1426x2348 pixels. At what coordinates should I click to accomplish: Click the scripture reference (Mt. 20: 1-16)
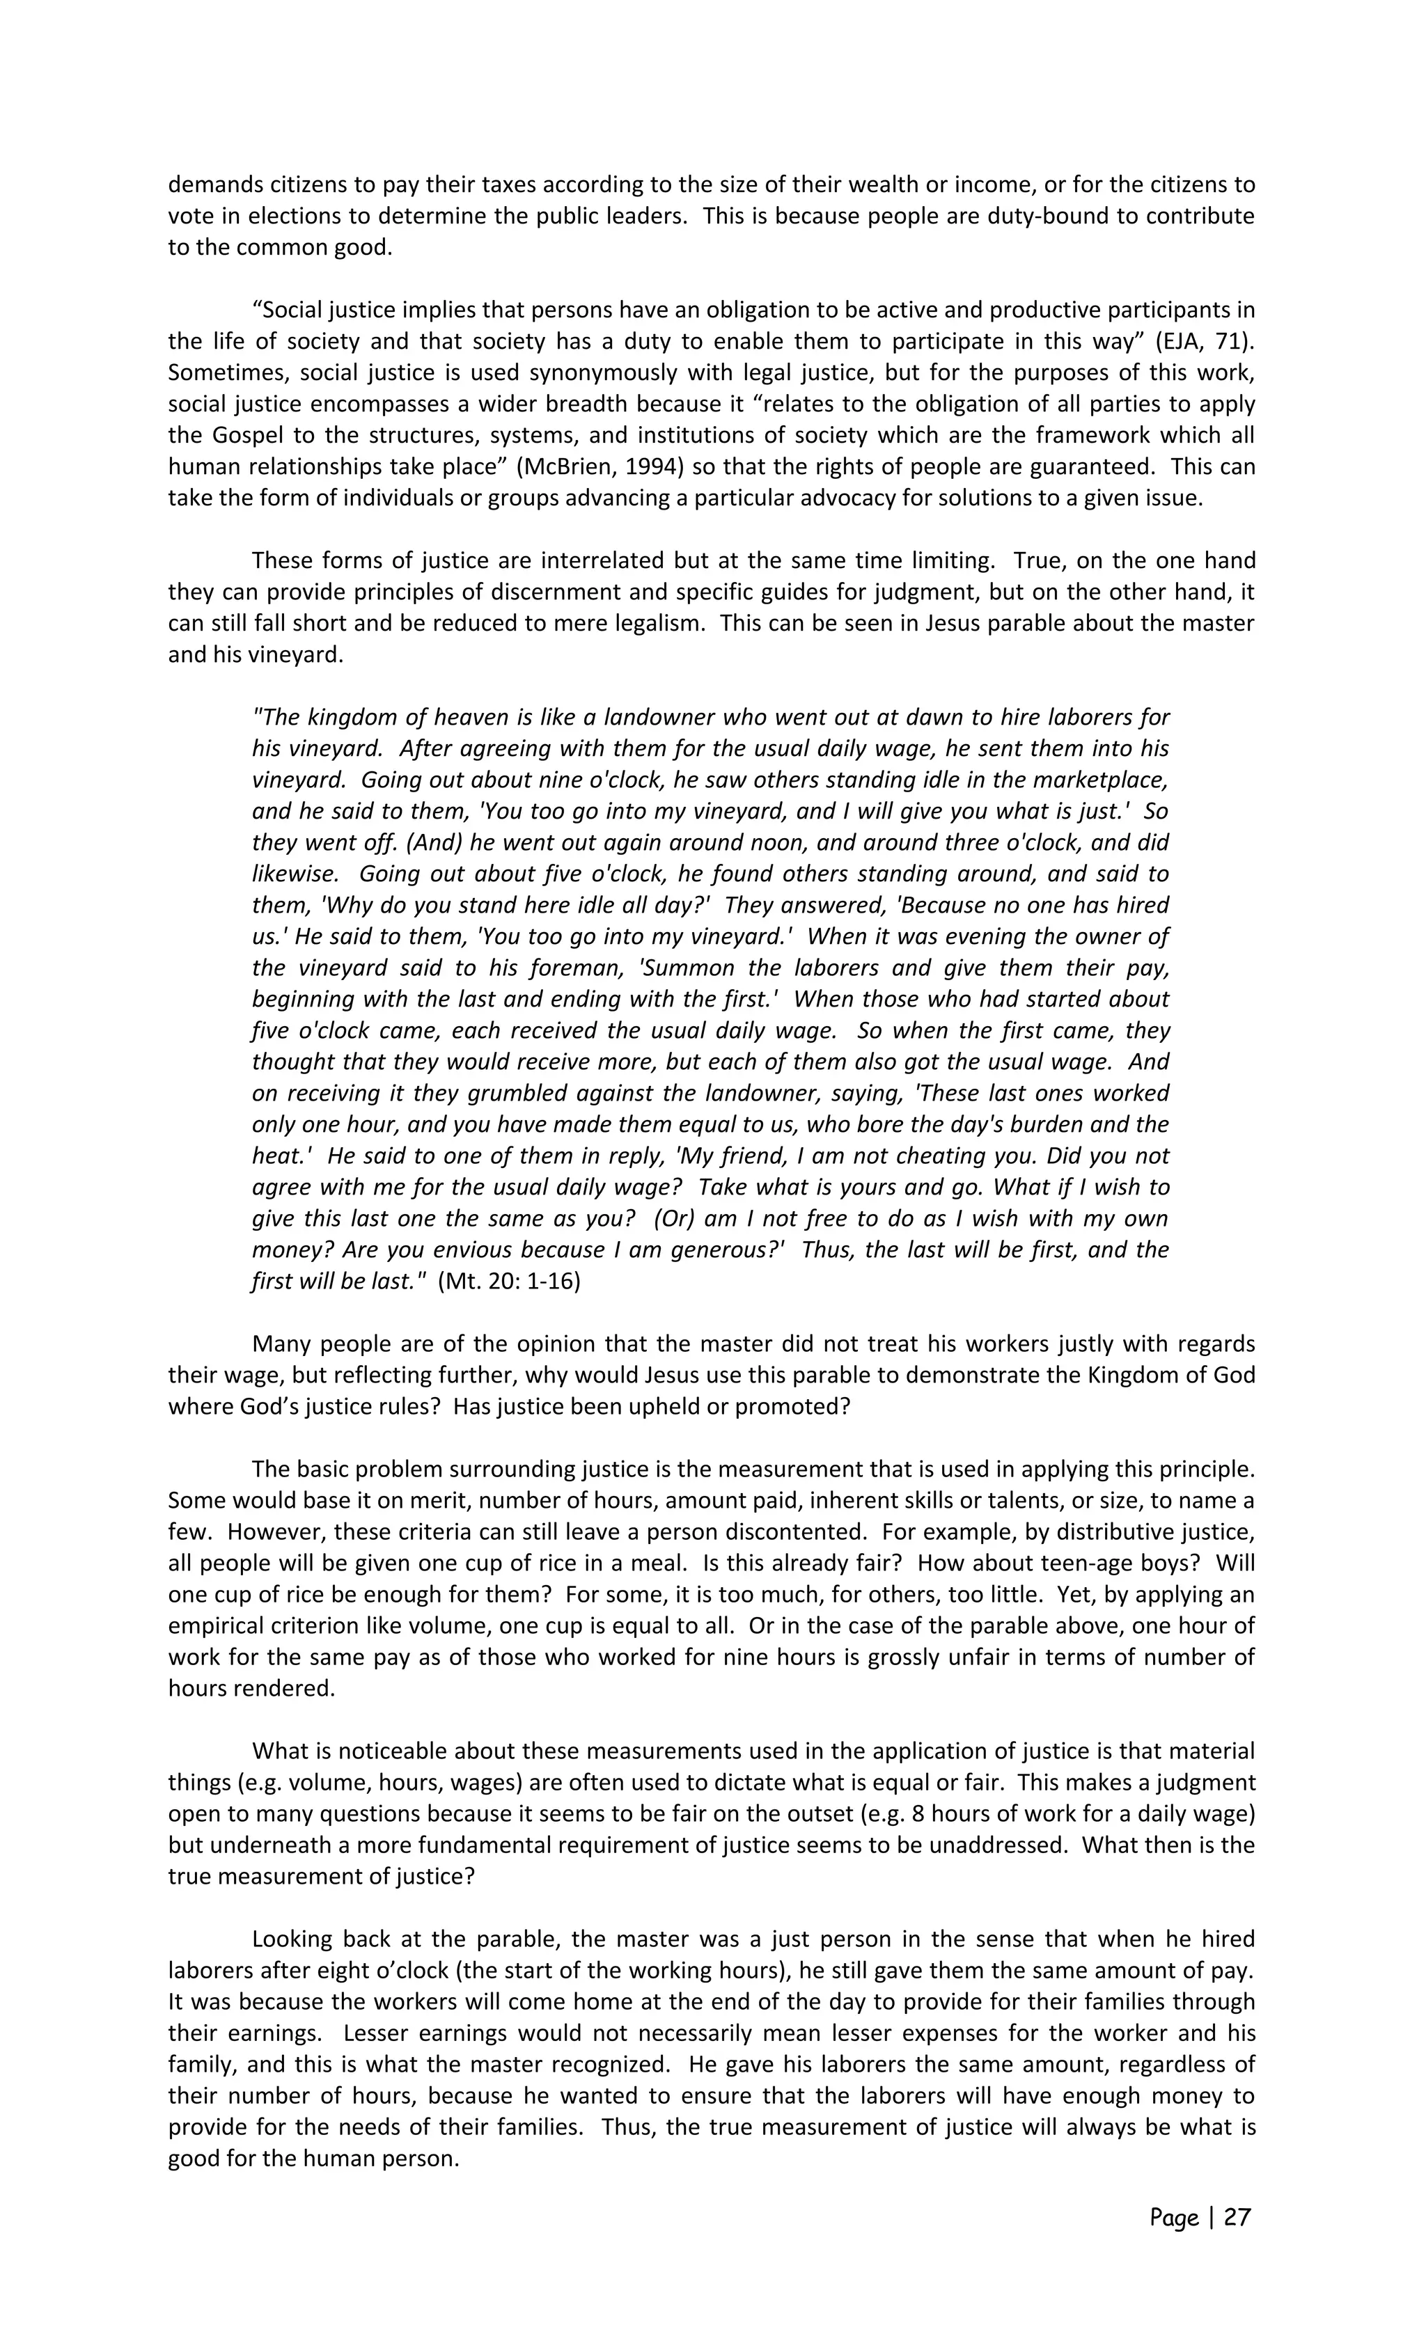(509, 1281)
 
